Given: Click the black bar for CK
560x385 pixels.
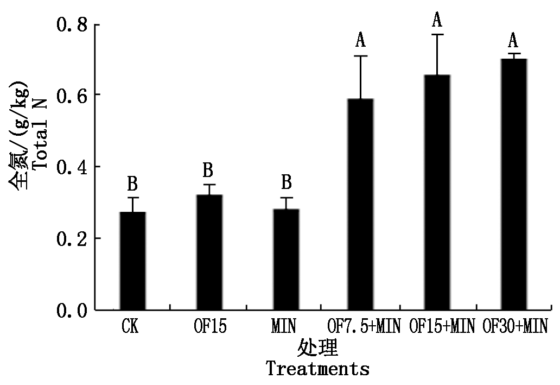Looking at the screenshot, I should (132, 261).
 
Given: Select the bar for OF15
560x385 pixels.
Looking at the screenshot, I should (209, 252).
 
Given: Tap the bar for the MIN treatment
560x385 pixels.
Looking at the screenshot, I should (285, 259).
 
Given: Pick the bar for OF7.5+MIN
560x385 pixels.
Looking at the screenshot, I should (361, 204).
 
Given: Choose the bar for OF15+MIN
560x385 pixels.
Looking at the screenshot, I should (437, 192).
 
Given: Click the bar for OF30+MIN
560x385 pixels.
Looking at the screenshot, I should (513, 184).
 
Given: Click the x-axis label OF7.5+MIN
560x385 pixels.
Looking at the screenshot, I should (364, 327).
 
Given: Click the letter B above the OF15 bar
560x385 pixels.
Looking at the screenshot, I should (208, 171).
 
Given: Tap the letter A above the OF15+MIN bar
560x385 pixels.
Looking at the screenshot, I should (437, 21).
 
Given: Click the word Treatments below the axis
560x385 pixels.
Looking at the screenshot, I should (317, 369).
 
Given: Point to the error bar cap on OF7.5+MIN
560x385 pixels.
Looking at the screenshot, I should (361, 56).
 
